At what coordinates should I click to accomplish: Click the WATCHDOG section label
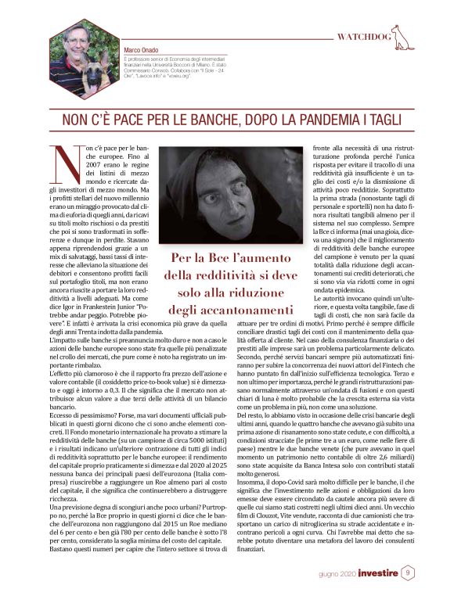click(364, 37)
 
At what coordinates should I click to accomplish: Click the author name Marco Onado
click(142, 50)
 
